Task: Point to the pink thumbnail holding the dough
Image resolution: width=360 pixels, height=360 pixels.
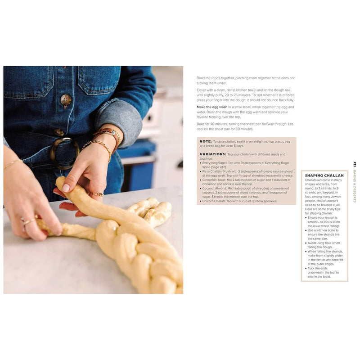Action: pos(66,188)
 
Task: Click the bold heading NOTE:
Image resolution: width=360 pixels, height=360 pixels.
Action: pos(206,141)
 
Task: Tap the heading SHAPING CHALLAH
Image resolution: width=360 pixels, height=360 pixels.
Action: pos(324,175)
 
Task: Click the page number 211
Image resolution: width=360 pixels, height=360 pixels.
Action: pos(355,164)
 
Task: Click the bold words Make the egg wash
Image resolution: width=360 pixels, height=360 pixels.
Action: pos(212,107)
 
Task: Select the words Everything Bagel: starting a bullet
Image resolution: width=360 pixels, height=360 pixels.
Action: pos(214,162)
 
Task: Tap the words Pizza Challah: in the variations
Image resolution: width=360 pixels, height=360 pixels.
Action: pos(211,171)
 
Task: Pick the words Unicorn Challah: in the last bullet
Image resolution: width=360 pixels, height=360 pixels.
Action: pos(213,201)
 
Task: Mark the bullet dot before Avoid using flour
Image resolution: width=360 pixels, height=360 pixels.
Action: pos(306,243)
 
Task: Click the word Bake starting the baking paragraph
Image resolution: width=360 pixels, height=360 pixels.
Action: pos(201,124)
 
